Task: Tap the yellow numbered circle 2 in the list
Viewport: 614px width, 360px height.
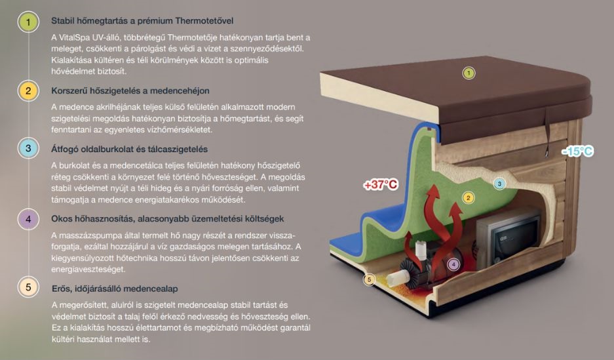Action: tap(28, 90)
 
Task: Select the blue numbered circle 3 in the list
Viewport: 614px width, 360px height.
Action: tap(28, 149)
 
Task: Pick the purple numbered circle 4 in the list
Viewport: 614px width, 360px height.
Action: tap(28, 218)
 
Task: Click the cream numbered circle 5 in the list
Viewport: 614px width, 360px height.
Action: tap(28, 287)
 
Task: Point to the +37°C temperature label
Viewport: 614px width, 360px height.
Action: tap(381, 185)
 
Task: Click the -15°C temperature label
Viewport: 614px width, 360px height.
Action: tap(577, 151)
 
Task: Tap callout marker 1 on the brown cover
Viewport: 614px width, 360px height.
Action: tap(469, 73)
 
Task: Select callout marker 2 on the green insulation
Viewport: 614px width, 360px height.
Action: tap(468, 197)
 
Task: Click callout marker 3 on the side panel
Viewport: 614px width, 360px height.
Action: tap(499, 184)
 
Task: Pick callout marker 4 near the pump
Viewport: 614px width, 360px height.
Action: tap(453, 264)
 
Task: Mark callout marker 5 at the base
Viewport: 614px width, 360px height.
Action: tap(369, 280)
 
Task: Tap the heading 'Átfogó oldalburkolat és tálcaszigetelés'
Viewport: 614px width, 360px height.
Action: tap(129, 149)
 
